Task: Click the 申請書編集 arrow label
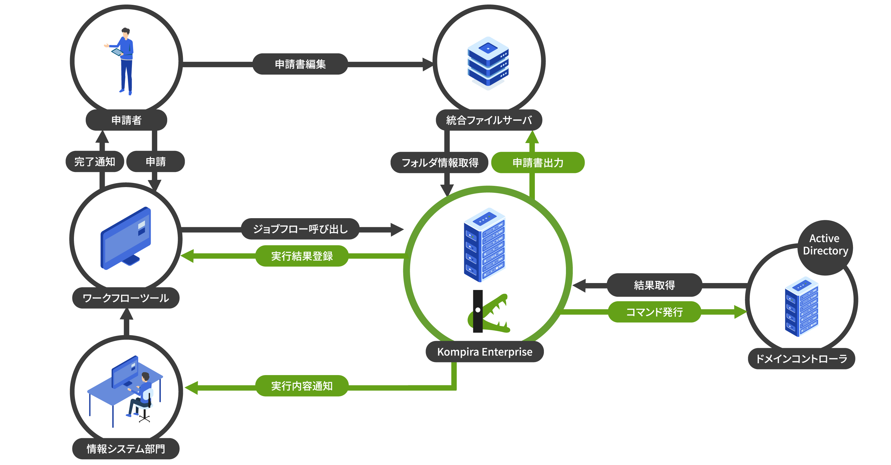point(300,64)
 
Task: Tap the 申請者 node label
point(126,120)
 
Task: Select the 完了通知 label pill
point(94,161)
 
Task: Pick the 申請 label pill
point(156,161)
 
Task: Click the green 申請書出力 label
point(538,162)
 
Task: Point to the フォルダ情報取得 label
point(440,162)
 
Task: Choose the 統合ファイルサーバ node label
point(489,120)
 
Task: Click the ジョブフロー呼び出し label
point(300,229)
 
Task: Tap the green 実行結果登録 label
point(302,256)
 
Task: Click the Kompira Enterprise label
point(484,352)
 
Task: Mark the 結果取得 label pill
point(654,285)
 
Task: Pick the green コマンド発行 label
point(654,312)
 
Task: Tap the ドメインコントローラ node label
point(801,358)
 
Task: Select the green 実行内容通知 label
point(302,386)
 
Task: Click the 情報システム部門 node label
point(126,449)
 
